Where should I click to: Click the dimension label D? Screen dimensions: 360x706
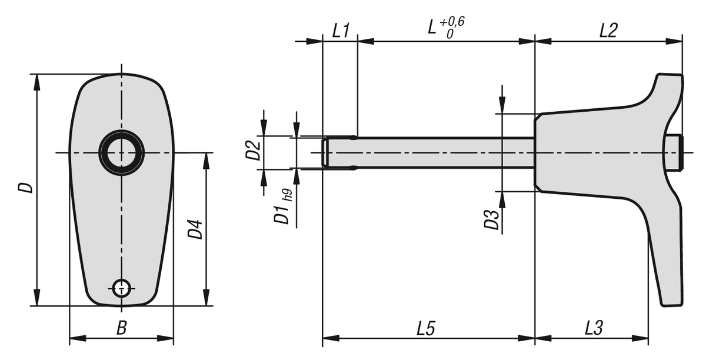point(25,188)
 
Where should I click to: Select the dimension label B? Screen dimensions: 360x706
point(121,328)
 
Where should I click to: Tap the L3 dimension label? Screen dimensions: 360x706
point(593,328)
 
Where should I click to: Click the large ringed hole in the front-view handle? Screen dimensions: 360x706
point(121,153)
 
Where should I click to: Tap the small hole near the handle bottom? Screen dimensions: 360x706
point(121,288)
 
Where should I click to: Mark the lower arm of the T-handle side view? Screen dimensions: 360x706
point(666,259)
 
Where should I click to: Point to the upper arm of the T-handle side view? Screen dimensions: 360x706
point(669,94)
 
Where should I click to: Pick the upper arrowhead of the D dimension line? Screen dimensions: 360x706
point(37,82)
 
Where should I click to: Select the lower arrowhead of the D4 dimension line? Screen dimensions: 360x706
point(206,298)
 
